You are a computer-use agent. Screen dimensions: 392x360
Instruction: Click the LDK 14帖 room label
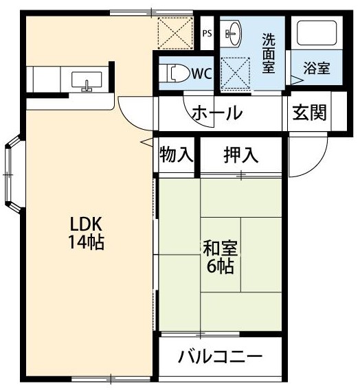86,233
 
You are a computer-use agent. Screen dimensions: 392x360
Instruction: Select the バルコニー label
220,357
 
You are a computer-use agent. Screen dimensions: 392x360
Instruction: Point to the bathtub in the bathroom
315,34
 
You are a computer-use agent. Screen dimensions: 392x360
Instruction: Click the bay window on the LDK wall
12,175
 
